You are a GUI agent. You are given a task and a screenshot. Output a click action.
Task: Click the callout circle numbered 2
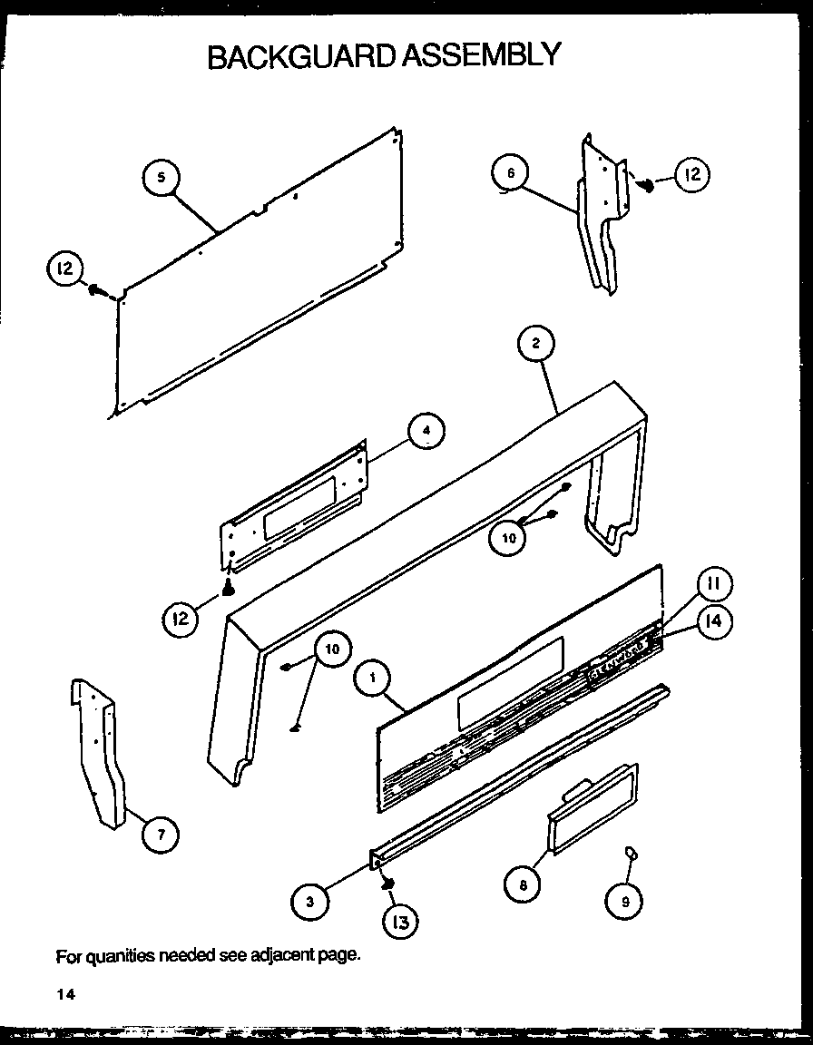click(536, 343)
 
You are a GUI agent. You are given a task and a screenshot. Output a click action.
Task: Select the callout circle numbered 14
click(714, 622)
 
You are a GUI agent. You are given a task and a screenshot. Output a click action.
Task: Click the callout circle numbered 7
click(161, 835)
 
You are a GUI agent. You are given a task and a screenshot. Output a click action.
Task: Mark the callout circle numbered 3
click(309, 901)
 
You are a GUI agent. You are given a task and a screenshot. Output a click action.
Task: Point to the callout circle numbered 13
click(400, 923)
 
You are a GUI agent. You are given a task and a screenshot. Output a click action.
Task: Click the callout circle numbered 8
click(524, 884)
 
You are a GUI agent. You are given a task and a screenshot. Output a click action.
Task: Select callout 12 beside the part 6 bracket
click(692, 175)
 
